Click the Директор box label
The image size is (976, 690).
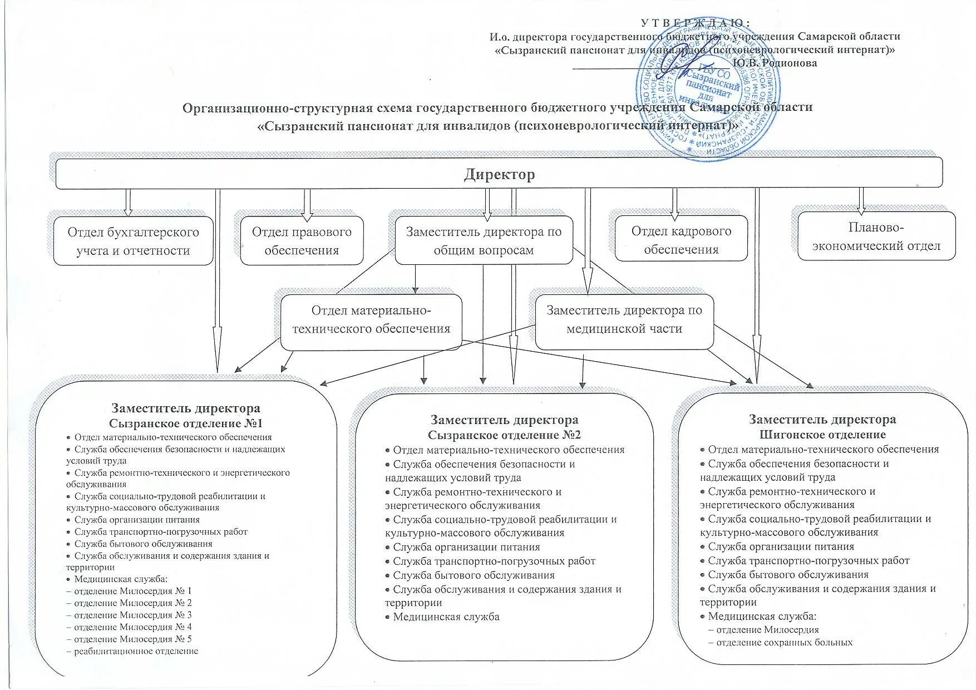[499, 175]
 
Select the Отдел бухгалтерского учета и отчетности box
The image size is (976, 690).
[133, 241]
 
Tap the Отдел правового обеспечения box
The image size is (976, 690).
[302, 240]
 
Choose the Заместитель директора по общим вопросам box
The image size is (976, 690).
[483, 240]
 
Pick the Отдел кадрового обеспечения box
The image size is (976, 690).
[681, 239]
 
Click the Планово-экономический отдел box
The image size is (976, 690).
[876, 236]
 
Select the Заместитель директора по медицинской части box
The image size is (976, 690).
[624, 319]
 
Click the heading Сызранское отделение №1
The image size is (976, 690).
[185, 423]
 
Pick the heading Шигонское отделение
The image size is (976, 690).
[822, 435]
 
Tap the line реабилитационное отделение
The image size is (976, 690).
[136, 650]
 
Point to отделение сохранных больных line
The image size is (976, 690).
[784, 642]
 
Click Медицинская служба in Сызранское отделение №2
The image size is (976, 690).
[446, 617]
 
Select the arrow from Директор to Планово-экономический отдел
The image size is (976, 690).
[861, 200]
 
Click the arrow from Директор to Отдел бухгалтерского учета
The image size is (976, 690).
[128, 202]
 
